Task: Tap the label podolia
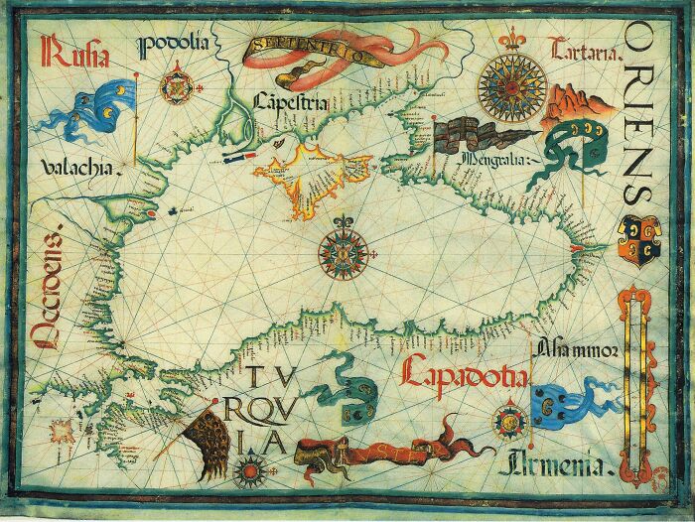177,44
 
